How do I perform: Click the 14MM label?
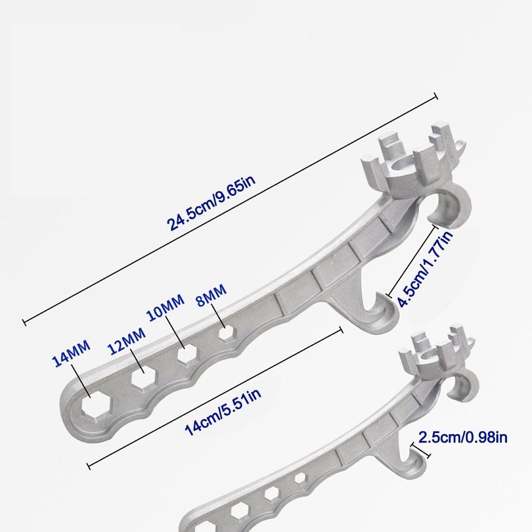tap(71, 354)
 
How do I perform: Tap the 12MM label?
tap(127, 340)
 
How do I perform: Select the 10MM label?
tap(165, 307)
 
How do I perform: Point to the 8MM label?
tap(211, 295)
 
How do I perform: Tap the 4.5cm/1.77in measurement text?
tap(425, 269)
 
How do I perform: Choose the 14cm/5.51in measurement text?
tap(222, 412)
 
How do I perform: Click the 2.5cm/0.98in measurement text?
tap(463, 437)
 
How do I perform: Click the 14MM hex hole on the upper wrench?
tap(95, 404)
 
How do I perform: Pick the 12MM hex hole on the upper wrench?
tap(144, 377)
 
